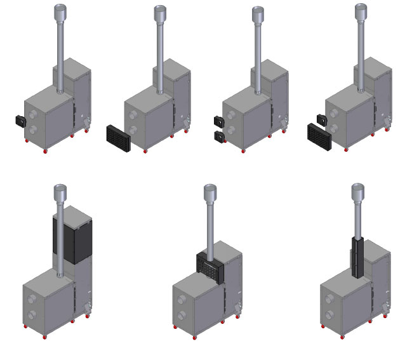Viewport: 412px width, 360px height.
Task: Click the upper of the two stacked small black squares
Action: point(220,121)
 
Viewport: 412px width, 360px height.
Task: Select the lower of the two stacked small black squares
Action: point(220,137)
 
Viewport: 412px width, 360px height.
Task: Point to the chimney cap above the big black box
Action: point(60,190)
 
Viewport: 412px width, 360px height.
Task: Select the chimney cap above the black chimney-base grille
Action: point(210,191)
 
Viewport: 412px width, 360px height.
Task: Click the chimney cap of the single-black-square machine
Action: point(60,11)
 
